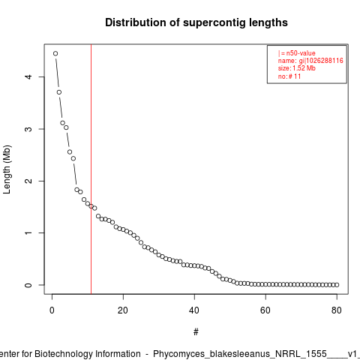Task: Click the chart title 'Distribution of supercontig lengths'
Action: coord(196,22)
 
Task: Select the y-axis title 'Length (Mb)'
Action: coord(7,169)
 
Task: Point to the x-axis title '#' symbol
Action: coord(196,332)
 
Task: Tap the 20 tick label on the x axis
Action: coord(123,310)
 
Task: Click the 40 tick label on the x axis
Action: coord(194,310)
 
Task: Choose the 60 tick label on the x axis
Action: coord(265,310)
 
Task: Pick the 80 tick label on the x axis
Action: coord(337,310)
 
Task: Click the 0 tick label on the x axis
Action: coord(52,310)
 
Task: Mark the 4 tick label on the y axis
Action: coord(28,76)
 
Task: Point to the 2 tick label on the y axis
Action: coord(28,181)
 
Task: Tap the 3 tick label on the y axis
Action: coord(28,129)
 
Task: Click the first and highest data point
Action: coord(55,53)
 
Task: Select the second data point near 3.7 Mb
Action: coord(59,92)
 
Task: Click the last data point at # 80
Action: coord(337,285)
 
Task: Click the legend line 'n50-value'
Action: coord(297,53)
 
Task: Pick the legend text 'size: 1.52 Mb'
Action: coord(297,68)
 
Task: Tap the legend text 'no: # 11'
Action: coord(289,76)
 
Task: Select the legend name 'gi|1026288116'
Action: coord(321,61)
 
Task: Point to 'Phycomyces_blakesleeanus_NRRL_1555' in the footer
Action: coord(240,354)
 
